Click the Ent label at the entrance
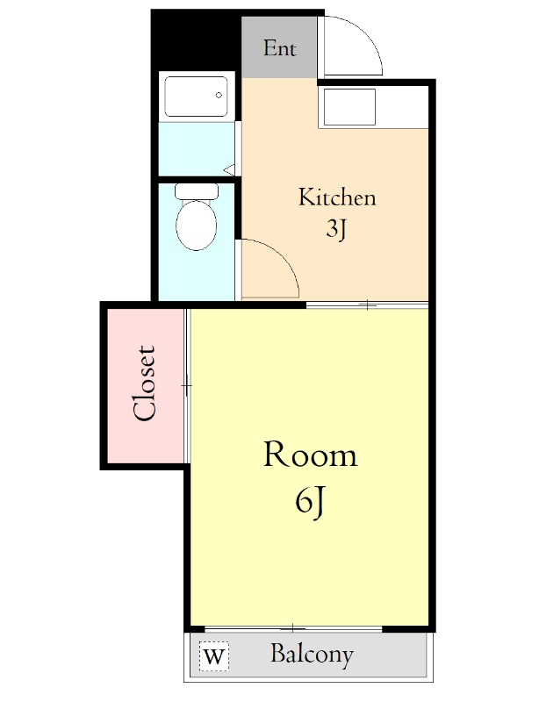279,48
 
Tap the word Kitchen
337,197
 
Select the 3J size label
336,230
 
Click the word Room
311,455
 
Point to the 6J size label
310,502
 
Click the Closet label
145,383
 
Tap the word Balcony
312,655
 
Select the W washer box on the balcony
213,656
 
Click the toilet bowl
197,226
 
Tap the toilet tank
197,191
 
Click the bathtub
196,97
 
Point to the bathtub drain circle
219,95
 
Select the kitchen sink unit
349,107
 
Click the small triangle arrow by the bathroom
229,170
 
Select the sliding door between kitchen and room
367,305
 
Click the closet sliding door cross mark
187,385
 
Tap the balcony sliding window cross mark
292,628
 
